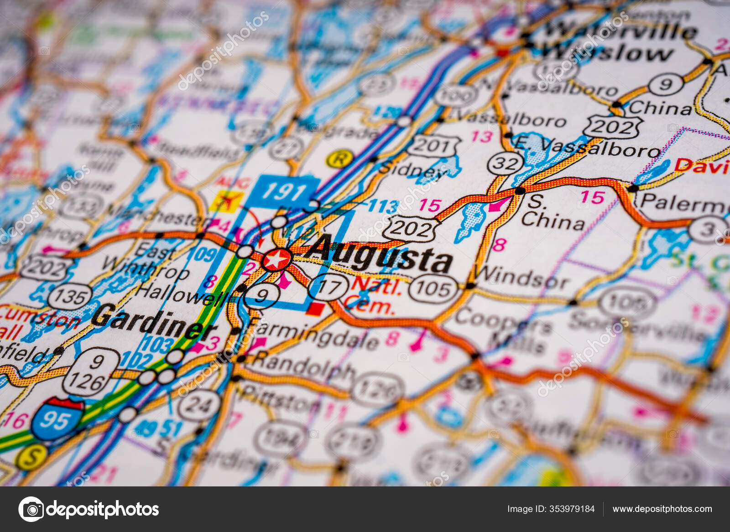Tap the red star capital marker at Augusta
tap(276, 260)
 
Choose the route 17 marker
tap(328, 287)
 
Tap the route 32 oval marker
tap(505, 163)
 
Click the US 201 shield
tap(433, 146)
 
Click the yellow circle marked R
tap(339, 159)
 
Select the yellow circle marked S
tap(31, 457)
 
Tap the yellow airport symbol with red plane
tap(226, 201)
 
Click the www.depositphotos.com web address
tap(662, 509)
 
